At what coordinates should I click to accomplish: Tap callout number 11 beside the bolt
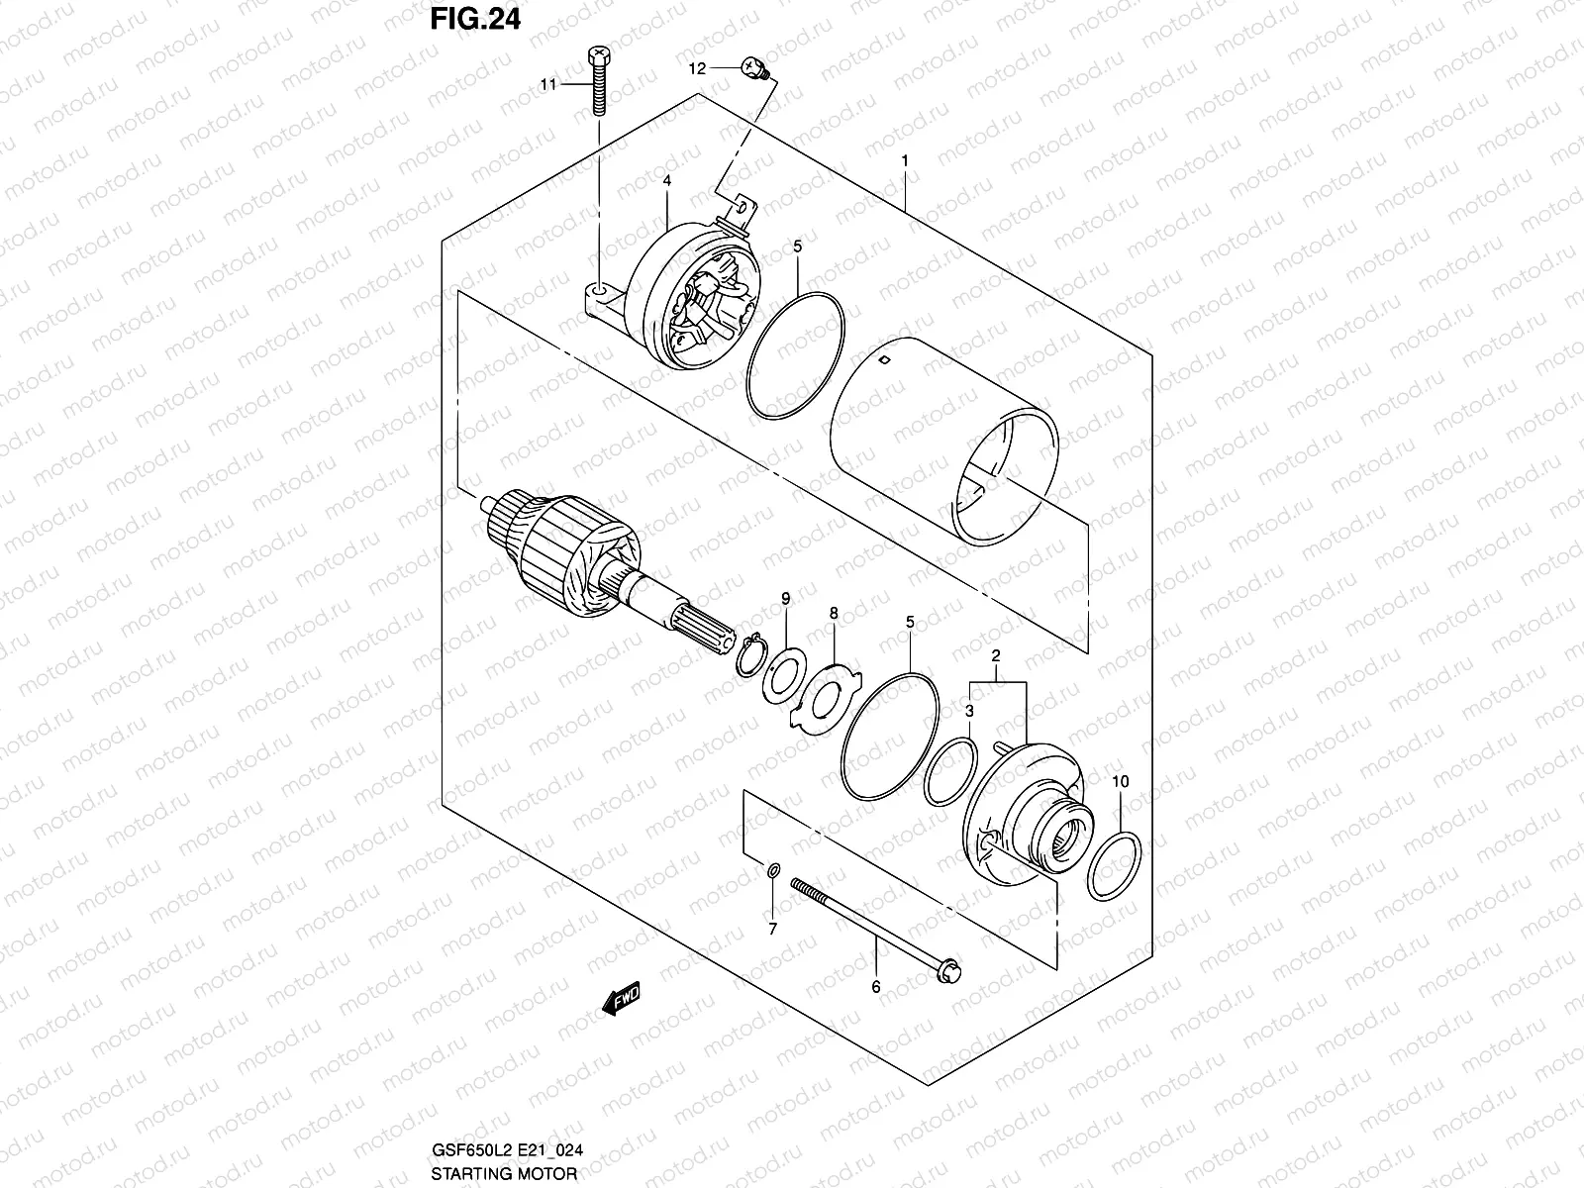547,86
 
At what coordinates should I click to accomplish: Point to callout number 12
697,68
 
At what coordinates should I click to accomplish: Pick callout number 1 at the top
904,159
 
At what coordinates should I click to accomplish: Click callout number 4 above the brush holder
667,180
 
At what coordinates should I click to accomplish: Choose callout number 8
834,614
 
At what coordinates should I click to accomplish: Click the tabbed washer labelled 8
823,697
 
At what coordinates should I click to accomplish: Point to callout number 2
996,656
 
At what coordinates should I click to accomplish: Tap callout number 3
970,711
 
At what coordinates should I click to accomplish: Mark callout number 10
1120,782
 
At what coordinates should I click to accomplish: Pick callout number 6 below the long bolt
875,986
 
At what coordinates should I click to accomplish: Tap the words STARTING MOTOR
505,1174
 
